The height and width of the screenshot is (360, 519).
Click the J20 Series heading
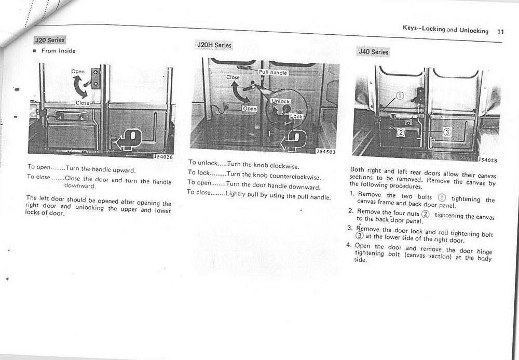[x=49, y=40]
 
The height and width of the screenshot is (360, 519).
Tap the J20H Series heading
[x=214, y=45]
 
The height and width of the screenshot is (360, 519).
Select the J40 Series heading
[x=373, y=52]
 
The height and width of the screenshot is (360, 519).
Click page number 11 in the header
[x=500, y=31]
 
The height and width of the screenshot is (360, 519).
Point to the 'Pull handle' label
[x=273, y=73]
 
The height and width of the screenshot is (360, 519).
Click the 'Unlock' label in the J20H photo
[x=281, y=101]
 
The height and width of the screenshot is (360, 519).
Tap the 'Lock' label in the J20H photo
[x=296, y=116]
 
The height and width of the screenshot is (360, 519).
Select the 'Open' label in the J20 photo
[x=78, y=72]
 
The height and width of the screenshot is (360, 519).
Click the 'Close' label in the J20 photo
[x=82, y=103]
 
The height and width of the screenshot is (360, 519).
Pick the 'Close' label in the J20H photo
[x=233, y=77]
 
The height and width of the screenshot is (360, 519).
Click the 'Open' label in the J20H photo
[x=250, y=109]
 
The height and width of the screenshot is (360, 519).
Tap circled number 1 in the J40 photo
[x=400, y=95]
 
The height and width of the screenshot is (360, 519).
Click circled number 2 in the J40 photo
[x=400, y=132]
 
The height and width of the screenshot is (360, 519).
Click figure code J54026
[x=163, y=156]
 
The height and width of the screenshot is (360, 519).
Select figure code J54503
[x=326, y=152]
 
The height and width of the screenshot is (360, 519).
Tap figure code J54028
[x=487, y=160]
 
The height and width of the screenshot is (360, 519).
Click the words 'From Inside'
[x=59, y=51]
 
